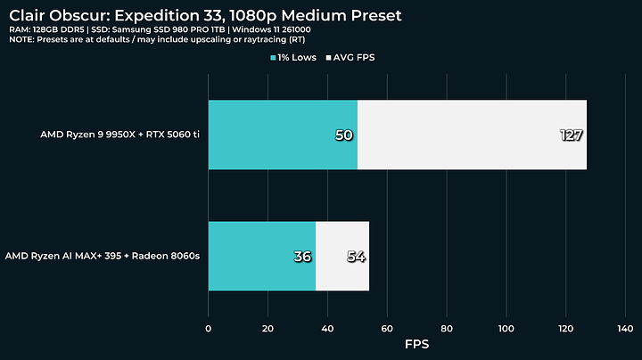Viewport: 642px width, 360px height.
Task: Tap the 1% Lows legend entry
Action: point(293,58)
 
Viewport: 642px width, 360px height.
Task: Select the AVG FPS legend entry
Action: point(350,58)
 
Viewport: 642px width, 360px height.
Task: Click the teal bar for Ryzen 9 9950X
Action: point(283,135)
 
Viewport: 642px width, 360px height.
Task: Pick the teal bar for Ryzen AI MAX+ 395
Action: point(262,256)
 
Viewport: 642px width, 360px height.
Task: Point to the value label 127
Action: point(571,135)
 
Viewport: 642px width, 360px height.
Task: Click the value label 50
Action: point(344,135)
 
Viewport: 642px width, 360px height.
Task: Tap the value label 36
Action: point(302,257)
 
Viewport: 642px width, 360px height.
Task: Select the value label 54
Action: point(356,257)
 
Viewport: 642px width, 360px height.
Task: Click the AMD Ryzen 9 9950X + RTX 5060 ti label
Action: point(120,135)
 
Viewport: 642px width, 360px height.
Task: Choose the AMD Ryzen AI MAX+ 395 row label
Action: point(103,256)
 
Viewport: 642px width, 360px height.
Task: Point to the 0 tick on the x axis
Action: point(209,329)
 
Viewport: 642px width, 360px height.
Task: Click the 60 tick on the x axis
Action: point(387,329)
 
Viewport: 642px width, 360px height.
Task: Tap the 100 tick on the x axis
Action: point(506,329)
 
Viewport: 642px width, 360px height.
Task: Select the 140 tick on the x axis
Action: point(625,329)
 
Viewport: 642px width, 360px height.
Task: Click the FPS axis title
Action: point(416,344)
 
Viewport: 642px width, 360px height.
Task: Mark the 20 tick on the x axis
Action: point(267,329)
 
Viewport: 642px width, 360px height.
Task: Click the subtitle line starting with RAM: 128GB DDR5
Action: point(160,30)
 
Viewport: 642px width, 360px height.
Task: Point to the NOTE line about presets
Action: point(157,40)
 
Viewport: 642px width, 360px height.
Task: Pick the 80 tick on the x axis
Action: point(447,329)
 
